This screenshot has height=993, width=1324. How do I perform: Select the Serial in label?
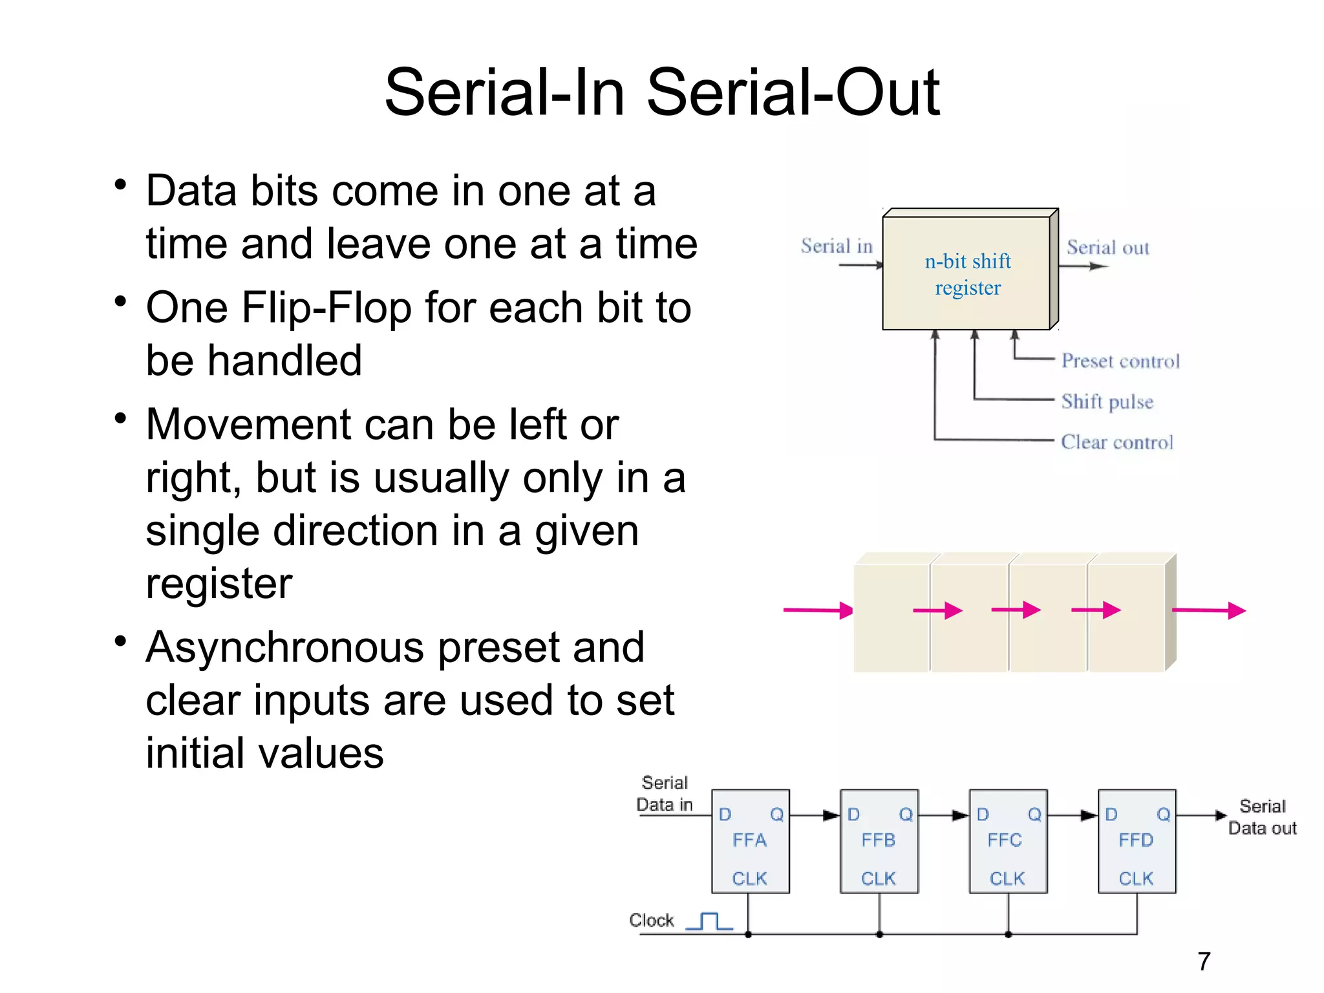[837, 246]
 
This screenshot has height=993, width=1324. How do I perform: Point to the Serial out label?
[1107, 248]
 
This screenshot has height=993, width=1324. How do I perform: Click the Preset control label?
[1120, 361]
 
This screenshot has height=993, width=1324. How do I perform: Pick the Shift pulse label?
[1107, 401]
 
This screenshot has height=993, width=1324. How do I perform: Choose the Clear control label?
[1116, 442]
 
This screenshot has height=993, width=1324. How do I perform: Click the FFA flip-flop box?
[750, 841]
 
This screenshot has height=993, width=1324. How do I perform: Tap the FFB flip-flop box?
[879, 841]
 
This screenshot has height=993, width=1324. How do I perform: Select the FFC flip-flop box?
[1007, 841]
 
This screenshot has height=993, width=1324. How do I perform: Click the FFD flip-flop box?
[1137, 841]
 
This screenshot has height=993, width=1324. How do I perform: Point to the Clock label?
[651, 920]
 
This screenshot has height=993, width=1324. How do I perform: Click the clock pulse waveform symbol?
[709, 921]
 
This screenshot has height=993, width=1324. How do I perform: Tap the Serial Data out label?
[1262, 817]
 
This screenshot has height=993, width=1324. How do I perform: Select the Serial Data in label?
[665, 794]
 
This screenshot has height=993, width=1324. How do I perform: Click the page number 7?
[1203, 961]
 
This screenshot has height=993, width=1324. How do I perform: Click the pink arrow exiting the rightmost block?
[1208, 610]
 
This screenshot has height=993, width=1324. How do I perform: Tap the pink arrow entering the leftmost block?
[818, 610]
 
